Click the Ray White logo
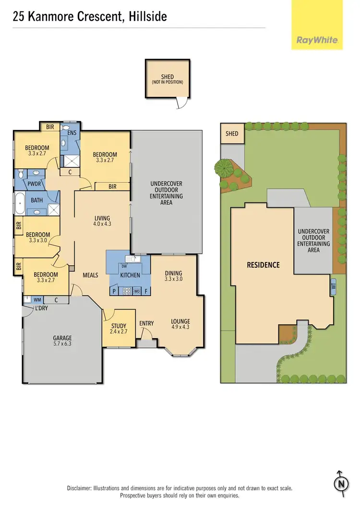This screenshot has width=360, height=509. [317, 40]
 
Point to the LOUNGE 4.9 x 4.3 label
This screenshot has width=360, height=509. [180, 324]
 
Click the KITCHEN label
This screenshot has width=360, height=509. [130, 275]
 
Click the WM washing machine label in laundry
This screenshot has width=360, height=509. [37, 300]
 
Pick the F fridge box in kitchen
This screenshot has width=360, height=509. [147, 291]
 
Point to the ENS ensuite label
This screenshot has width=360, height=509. [72, 132]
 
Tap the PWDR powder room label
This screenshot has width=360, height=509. [34, 183]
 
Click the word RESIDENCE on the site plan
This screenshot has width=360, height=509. [263, 265]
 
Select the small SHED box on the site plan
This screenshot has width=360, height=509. [232, 133]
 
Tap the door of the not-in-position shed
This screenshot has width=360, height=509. [182, 102]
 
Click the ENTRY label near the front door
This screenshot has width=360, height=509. [146, 323]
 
